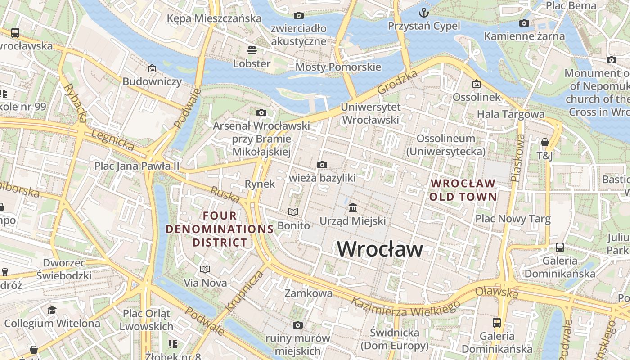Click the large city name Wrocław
coord(380,249)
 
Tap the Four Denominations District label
coord(220,229)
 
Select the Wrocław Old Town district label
coord(463,190)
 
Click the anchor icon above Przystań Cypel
coord(424,12)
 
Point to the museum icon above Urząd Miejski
coord(353,208)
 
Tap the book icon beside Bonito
coord(293,212)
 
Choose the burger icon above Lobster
coord(252,50)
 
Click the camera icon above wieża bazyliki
coord(322,165)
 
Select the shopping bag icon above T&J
coord(544,143)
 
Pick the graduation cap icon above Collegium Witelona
coord(52,310)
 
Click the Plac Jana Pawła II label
coord(136,166)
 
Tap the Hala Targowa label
coord(511,114)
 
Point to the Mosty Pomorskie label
coord(338,67)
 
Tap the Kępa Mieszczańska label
coord(214,18)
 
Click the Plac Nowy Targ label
coord(513,219)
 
